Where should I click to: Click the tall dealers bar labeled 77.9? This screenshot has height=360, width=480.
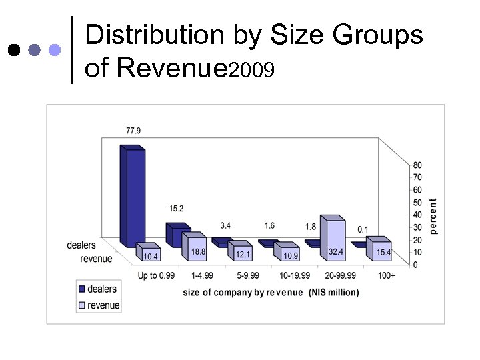[131, 197]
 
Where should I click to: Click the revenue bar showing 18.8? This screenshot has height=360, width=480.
[197, 249]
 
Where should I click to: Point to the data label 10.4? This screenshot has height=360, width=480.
[151, 257]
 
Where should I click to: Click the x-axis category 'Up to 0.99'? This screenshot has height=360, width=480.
[156, 275]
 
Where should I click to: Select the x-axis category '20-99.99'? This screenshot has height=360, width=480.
[340, 275]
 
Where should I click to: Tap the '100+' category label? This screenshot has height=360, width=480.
[386, 275]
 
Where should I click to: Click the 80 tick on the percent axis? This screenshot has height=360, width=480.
[417, 165]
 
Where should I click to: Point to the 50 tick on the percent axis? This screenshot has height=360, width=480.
[417, 203]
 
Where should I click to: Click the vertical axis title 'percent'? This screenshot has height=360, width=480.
[434, 215]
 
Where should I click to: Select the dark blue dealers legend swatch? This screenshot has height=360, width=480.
[82, 289]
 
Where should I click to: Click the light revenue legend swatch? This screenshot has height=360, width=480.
[82, 305]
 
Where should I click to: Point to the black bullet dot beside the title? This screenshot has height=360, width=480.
[13, 50]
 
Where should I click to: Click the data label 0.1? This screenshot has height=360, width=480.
[363, 229]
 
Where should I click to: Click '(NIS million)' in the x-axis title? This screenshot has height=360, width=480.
[334, 293]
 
